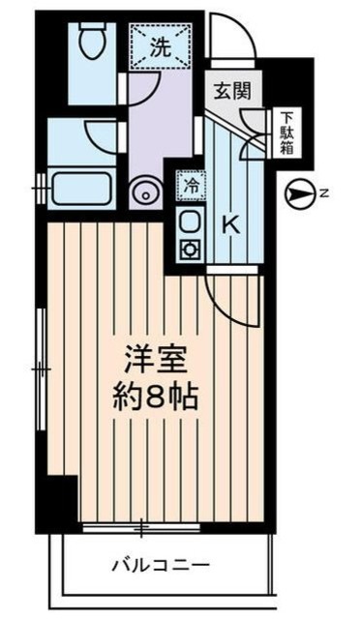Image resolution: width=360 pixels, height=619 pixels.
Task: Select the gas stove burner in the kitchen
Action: point(191,249)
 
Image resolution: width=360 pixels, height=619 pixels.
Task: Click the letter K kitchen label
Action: point(230,224)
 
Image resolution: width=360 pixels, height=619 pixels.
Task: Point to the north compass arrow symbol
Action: point(300,194)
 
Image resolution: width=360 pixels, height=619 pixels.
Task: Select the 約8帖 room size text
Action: point(153,398)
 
